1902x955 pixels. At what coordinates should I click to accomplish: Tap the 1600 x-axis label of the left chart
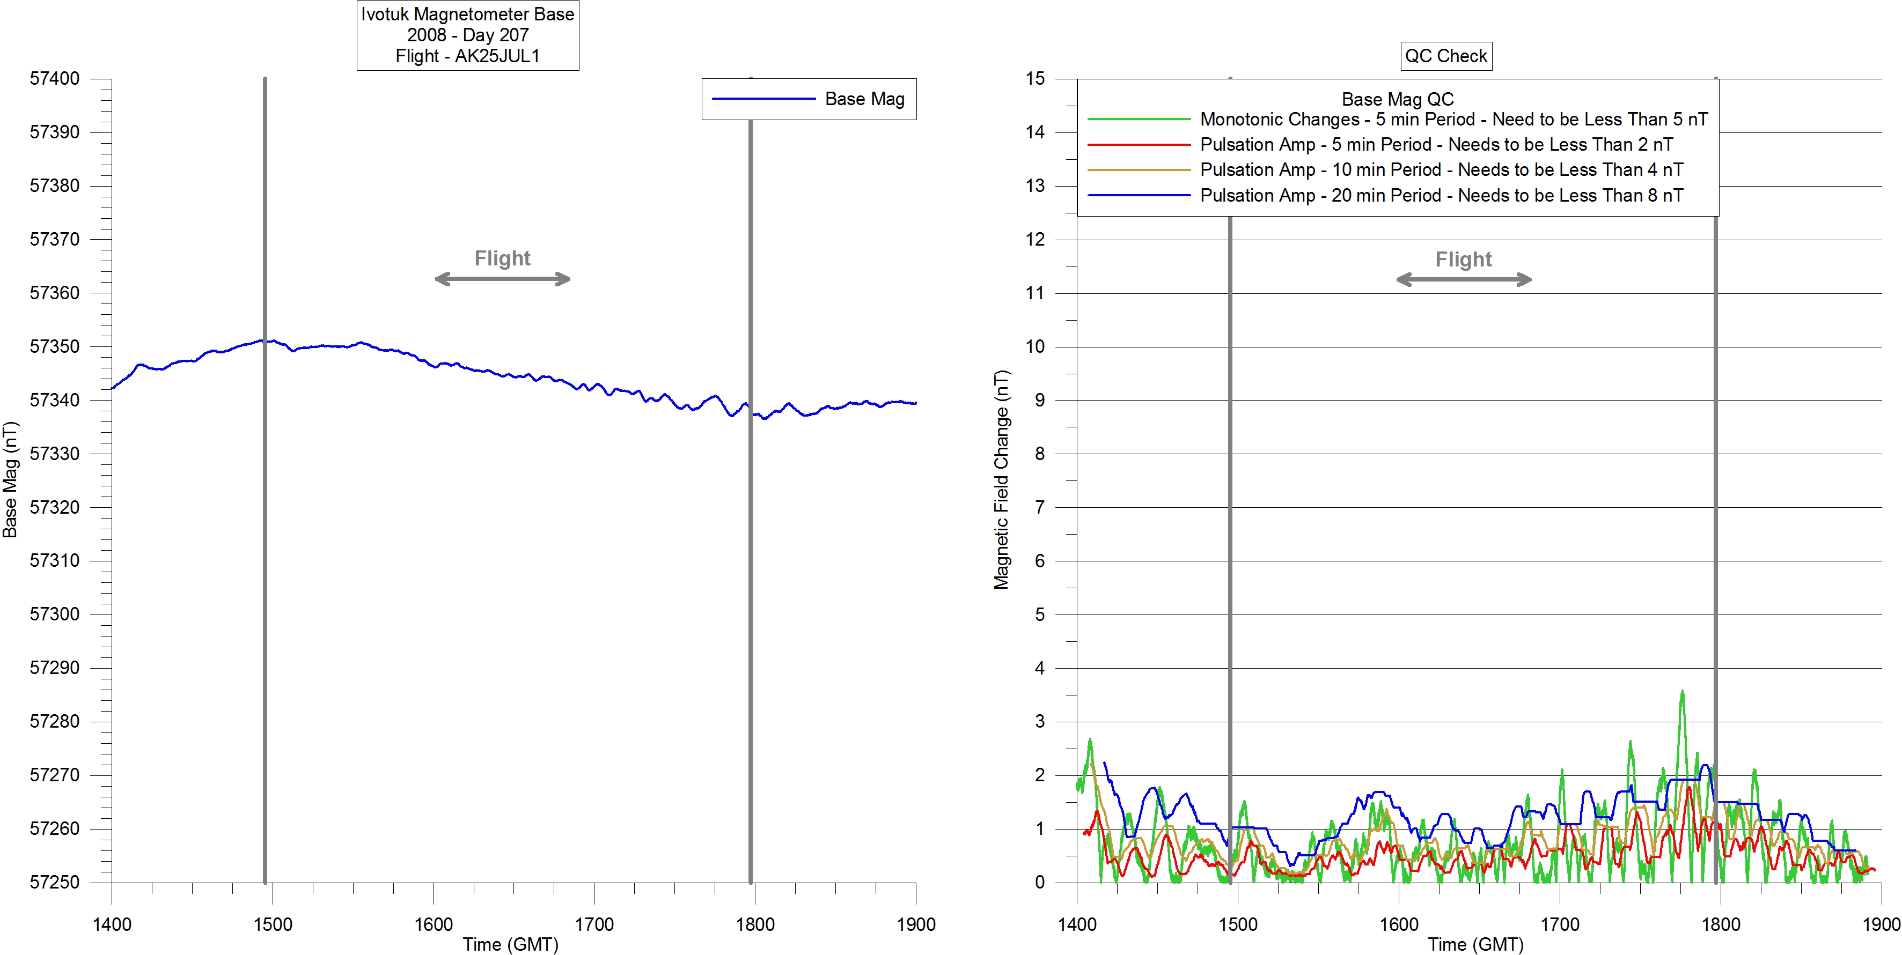(434, 924)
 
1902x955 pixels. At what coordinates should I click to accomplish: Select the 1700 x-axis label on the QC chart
(1559, 924)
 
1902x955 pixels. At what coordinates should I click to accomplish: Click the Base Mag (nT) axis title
(10, 480)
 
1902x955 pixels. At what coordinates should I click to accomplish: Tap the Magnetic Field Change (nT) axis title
(1001, 480)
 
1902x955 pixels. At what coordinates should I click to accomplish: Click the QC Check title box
(1446, 56)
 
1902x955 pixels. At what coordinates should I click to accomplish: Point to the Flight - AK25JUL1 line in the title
(467, 56)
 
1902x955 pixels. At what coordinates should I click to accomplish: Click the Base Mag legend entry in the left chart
(864, 99)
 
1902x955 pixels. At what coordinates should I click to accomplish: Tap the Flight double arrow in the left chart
(503, 279)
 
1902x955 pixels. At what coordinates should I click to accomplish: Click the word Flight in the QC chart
(1464, 260)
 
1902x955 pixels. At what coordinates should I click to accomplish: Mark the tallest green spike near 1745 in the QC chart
(1682, 692)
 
